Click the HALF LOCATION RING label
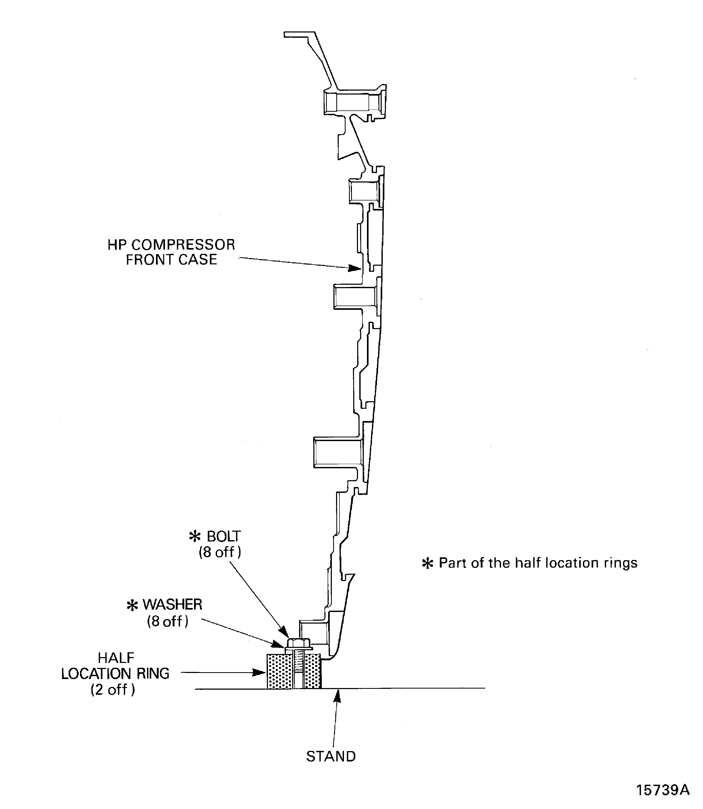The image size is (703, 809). [115, 674]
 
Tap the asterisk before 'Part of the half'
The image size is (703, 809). [427, 564]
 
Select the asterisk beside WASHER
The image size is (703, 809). [132, 605]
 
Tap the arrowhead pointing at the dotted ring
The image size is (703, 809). [259, 672]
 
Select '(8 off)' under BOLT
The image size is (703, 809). [220, 552]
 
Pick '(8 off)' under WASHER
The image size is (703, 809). [168, 621]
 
